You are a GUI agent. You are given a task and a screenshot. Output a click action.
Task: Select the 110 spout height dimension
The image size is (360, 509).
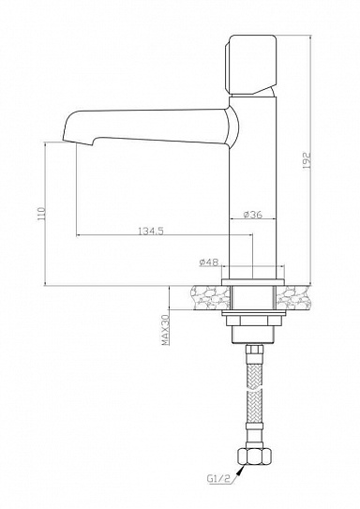pos(38,215)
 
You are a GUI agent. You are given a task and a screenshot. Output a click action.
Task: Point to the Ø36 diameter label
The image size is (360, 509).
pos(250,215)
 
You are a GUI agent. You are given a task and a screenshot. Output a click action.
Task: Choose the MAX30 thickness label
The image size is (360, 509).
pos(163,331)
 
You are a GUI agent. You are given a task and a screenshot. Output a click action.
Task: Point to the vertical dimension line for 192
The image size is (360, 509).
pos(311,159)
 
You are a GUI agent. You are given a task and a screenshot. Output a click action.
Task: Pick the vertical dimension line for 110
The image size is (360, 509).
pos(46,215)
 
